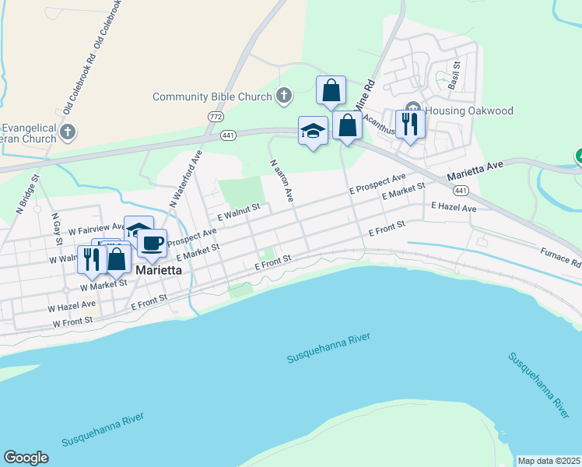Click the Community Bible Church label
(x=212, y=97)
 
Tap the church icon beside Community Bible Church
(x=284, y=97)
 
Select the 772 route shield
(x=216, y=116)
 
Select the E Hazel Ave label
(x=454, y=209)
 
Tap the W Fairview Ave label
(x=96, y=230)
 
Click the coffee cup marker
(x=153, y=243)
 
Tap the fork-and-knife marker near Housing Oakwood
(x=408, y=124)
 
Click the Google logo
(x=26, y=458)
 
